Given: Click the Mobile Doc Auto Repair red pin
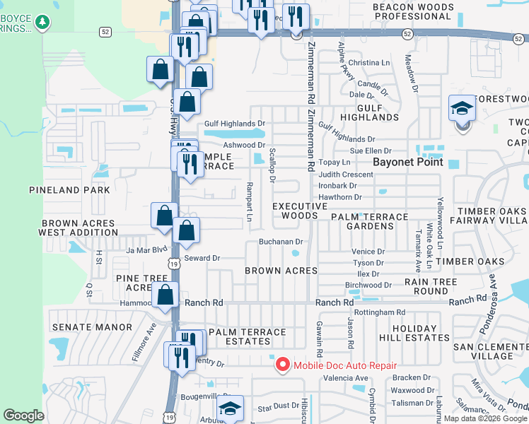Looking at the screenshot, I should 282,365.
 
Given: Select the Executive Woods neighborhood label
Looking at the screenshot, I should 301,211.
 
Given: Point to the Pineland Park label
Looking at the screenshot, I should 69,190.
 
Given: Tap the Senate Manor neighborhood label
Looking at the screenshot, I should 92,327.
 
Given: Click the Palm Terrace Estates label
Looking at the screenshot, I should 248,336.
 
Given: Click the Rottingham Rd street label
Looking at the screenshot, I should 380,312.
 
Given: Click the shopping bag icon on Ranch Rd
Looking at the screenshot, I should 165,296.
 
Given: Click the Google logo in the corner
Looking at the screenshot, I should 23,416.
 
